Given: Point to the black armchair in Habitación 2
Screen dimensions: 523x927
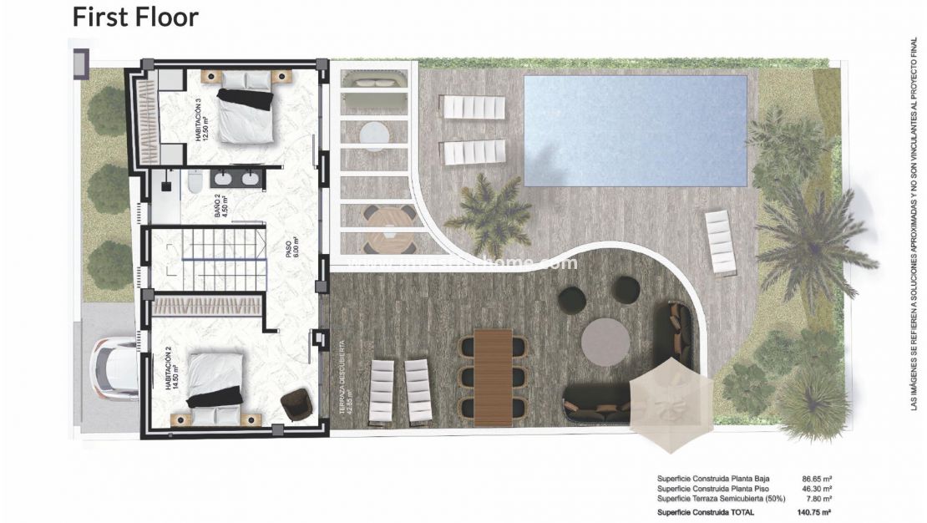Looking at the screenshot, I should [296, 404].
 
